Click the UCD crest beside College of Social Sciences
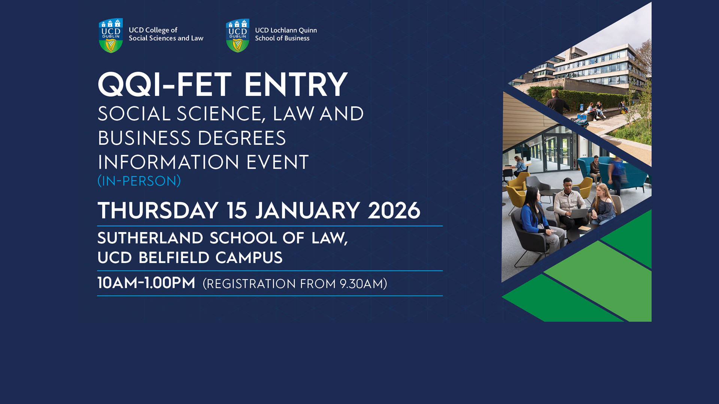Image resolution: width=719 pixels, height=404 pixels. coord(111,36)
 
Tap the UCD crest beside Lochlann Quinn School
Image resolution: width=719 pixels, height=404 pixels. coord(237,36)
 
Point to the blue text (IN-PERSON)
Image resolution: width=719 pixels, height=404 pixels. coord(139,181)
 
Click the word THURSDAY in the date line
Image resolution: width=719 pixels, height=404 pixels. coord(158,211)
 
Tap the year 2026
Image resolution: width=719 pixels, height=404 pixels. coord(394,211)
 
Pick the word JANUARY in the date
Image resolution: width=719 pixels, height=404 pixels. coord(307,211)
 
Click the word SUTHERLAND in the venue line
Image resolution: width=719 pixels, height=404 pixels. coord(150,238)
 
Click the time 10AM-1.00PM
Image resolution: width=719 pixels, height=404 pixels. coord(146,283)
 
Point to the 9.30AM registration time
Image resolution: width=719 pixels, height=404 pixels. coord(361,284)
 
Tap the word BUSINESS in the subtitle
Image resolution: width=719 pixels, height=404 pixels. coord(144,138)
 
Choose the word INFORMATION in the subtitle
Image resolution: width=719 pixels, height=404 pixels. coord(168,163)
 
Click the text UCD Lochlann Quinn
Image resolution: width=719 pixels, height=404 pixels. coord(286,30)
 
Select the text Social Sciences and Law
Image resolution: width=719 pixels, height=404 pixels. coord(166,38)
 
